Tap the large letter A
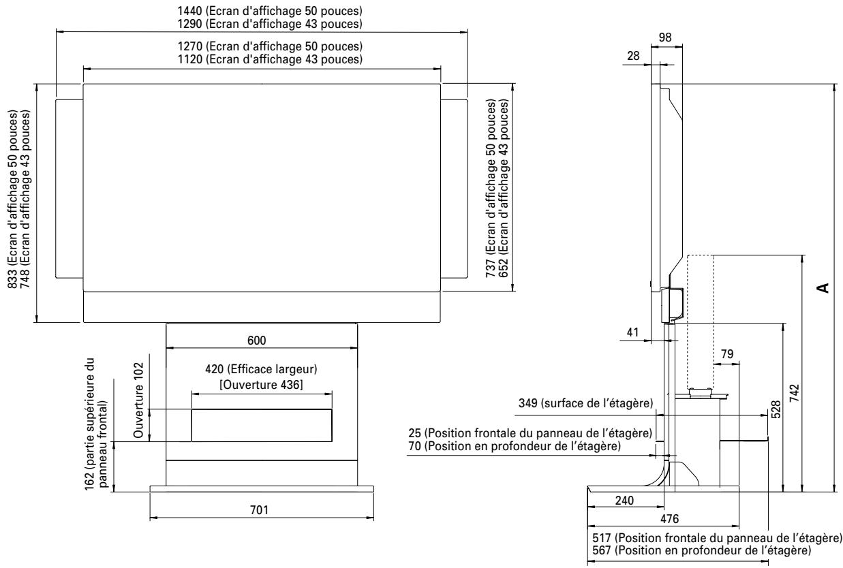coord(825,287)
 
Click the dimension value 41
coord(633,334)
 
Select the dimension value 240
coord(624,500)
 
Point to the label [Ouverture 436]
coord(262,383)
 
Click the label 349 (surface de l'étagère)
coord(584,405)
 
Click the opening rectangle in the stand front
coord(262,425)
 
